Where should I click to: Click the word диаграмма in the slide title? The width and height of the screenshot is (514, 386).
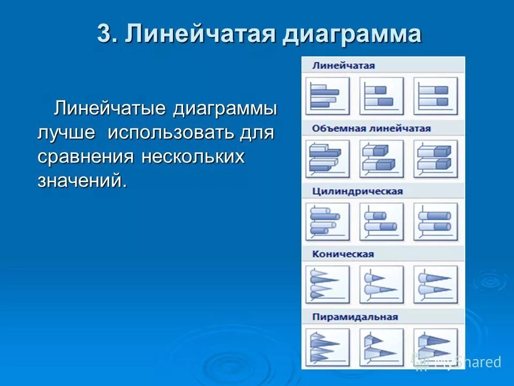(x=352, y=34)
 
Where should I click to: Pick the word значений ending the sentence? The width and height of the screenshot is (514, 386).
(x=82, y=181)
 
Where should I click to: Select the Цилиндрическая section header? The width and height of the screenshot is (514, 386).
(x=357, y=191)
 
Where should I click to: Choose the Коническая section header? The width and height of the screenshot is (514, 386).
(x=343, y=254)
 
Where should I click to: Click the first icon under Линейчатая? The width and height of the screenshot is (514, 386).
(x=327, y=96)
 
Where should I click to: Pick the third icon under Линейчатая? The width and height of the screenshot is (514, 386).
(x=435, y=96)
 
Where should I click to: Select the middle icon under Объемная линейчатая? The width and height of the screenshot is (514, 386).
(x=381, y=159)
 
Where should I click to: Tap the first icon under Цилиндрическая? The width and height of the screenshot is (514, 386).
(x=327, y=221)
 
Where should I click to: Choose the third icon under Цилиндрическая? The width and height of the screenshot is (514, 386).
(x=435, y=221)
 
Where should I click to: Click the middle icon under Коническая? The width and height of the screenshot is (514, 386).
(x=381, y=284)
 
